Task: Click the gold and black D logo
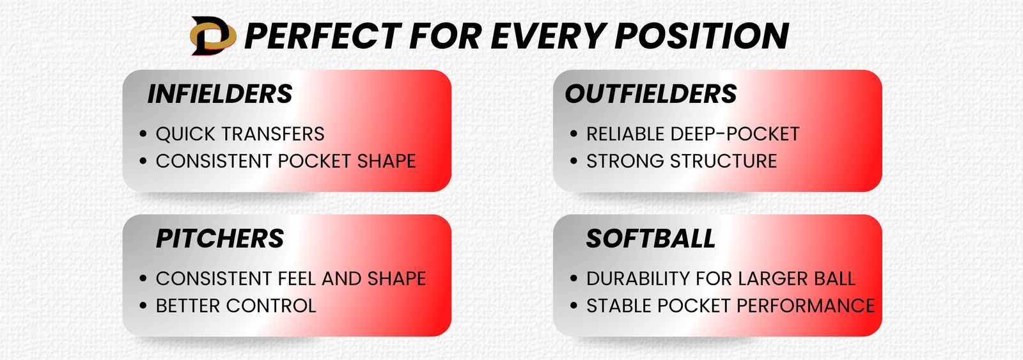point(214,36)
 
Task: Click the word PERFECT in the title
point(323,36)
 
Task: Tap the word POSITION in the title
point(702,36)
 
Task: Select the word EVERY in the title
point(547,36)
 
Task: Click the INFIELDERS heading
point(220,94)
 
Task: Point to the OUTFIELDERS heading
point(651,94)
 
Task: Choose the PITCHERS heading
point(220,239)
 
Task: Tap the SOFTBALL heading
point(651,239)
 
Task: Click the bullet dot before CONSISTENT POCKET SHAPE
point(143,160)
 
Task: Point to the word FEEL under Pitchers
point(297,279)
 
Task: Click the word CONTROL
point(271,306)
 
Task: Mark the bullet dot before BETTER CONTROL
point(143,305)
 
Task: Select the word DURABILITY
point(637,279)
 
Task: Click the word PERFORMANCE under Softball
point(806,306)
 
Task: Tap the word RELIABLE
point(625,134)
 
